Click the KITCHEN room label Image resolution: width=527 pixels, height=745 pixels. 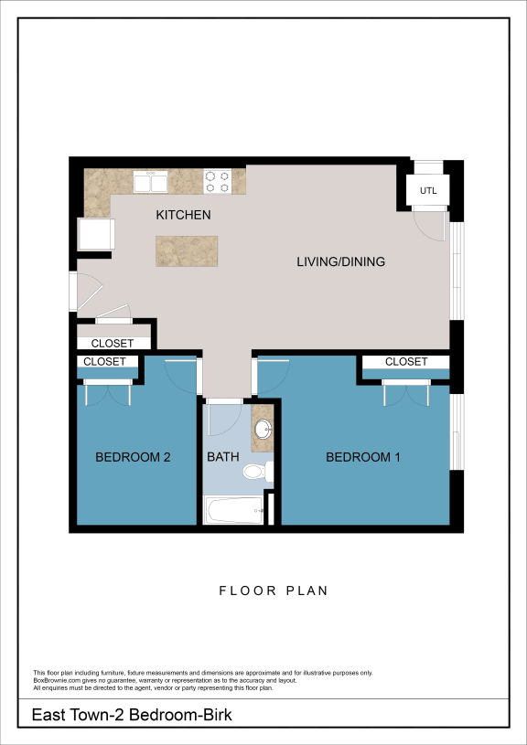click(x=183, y=216)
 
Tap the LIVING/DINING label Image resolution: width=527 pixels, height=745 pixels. click(x=340, y=262)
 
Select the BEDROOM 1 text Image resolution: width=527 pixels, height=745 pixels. click(x=362, y=457)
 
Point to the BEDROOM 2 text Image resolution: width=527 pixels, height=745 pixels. click(x=133, y=457)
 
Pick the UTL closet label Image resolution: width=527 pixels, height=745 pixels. click(x=428, y=192)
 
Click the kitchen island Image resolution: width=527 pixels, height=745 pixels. click(x=187, y=250)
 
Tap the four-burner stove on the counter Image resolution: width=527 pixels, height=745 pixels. click(x=217, y=181)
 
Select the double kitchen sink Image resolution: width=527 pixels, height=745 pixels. click(x=150, y=182)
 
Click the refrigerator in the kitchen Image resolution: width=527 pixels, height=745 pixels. click(x=95, y=234)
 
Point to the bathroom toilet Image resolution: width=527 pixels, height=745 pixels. click(x=255, y=472)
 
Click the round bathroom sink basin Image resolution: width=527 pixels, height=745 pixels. click(x=263, y=429)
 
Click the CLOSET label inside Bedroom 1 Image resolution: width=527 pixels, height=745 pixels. click(x=405, y=362)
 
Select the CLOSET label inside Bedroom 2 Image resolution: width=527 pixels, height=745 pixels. click(x=104, y=362)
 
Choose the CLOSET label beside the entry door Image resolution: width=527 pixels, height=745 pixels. click(x=112, y=344)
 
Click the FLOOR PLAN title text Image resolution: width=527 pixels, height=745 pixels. click(x=273, y=591)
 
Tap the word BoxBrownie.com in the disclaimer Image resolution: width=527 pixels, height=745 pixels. click(x=57, y=680)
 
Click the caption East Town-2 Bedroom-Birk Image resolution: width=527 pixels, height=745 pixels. click(x=132, y=715)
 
